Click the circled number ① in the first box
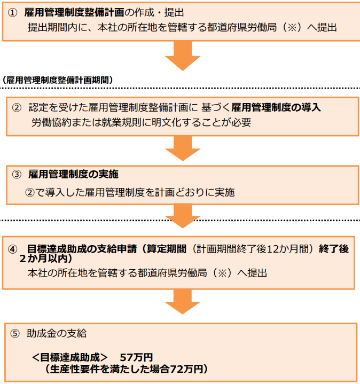(12, 13)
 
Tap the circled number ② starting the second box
(17, 107)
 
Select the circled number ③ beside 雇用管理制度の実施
(17, 174)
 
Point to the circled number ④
(12, 249)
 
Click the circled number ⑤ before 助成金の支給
(15, 334)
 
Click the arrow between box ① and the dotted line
(183, 56)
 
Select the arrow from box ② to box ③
(183, 148)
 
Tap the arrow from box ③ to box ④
(183, 216)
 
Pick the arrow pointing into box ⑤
(183, 302)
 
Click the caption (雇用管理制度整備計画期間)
(58, 80)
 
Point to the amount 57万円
(136, 357)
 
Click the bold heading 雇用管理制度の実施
(74, 174)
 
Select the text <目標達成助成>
(70, 357)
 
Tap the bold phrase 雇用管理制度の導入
(276, 107)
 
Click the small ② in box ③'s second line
(30, 192)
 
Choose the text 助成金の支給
(57, 334)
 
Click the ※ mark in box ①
(292, 27)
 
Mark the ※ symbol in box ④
(222, 273)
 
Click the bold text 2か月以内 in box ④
(43, 258)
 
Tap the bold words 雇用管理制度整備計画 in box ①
(74, 12)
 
